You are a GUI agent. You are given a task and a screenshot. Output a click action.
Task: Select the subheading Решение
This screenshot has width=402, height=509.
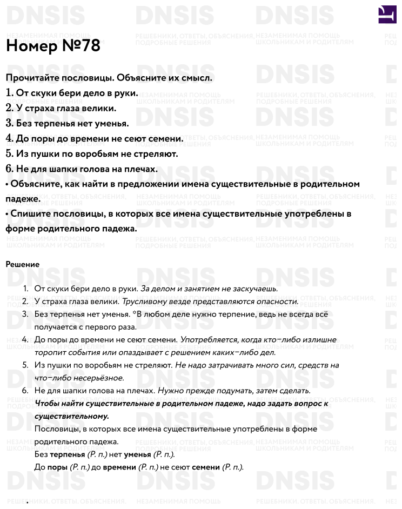pyautogui.click(x=23, y=264)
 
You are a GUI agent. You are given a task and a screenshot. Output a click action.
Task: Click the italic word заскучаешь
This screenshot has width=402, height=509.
pyautogui.click(x=253, y=289)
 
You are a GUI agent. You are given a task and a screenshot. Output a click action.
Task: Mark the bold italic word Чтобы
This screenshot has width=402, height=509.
pyautogui.click(x=46, y=404)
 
